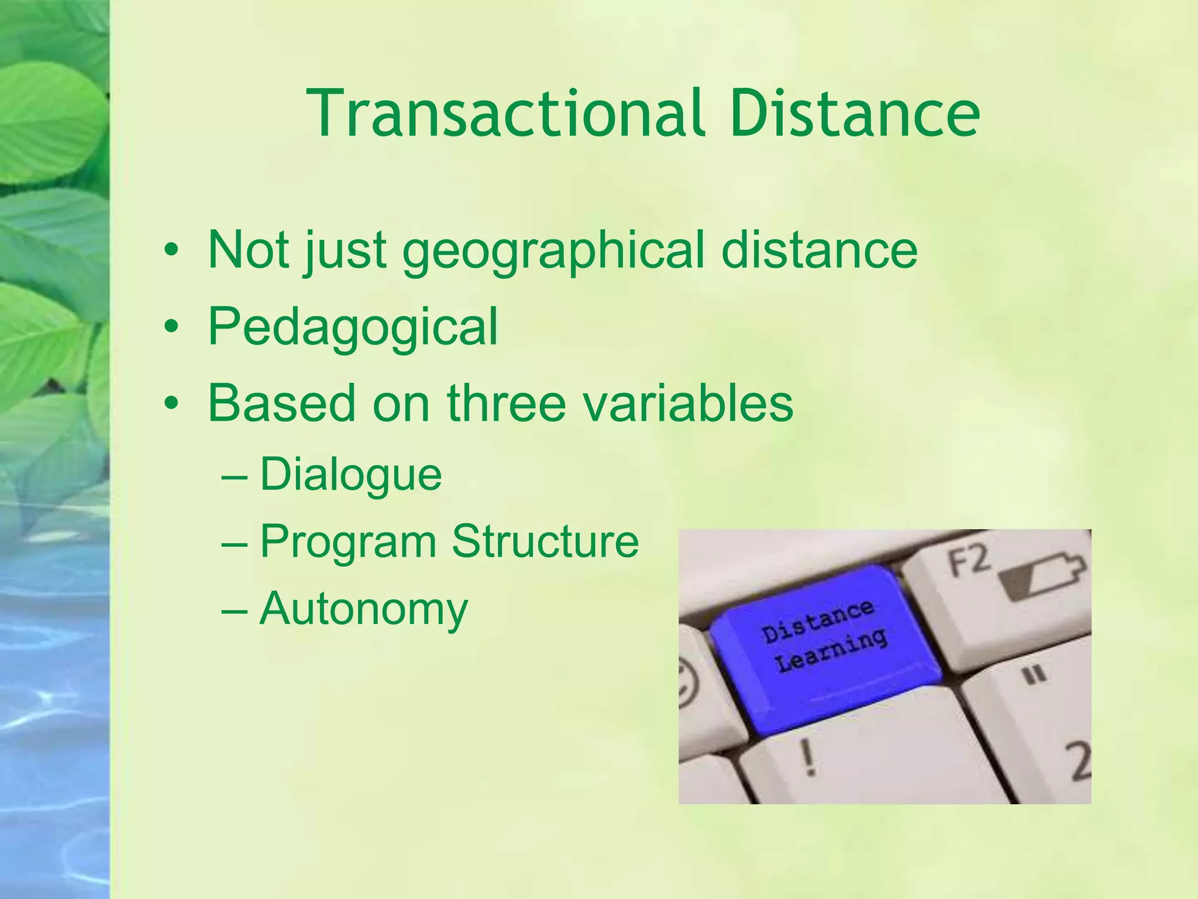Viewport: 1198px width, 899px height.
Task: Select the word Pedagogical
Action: point(353,327)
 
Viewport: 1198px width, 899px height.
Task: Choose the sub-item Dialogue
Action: point(350,475)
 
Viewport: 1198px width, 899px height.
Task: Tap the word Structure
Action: point(545,541)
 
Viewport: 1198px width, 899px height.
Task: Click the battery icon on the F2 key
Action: point(1041,577)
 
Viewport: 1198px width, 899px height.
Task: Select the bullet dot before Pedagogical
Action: point(171,327)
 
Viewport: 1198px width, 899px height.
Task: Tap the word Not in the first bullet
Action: point(249,251)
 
